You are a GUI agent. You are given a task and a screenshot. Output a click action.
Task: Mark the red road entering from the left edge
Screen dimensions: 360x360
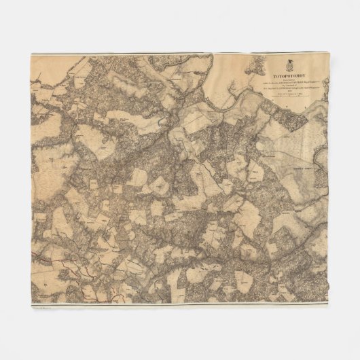click(42, 259)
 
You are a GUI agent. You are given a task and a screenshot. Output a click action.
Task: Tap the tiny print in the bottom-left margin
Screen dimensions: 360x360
click(42, 306)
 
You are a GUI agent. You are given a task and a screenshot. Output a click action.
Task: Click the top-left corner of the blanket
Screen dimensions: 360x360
click(31, 54)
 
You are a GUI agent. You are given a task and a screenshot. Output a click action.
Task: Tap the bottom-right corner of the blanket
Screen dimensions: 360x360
click(328, 307)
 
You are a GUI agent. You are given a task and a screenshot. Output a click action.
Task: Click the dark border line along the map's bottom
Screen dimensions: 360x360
click(180, 303)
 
